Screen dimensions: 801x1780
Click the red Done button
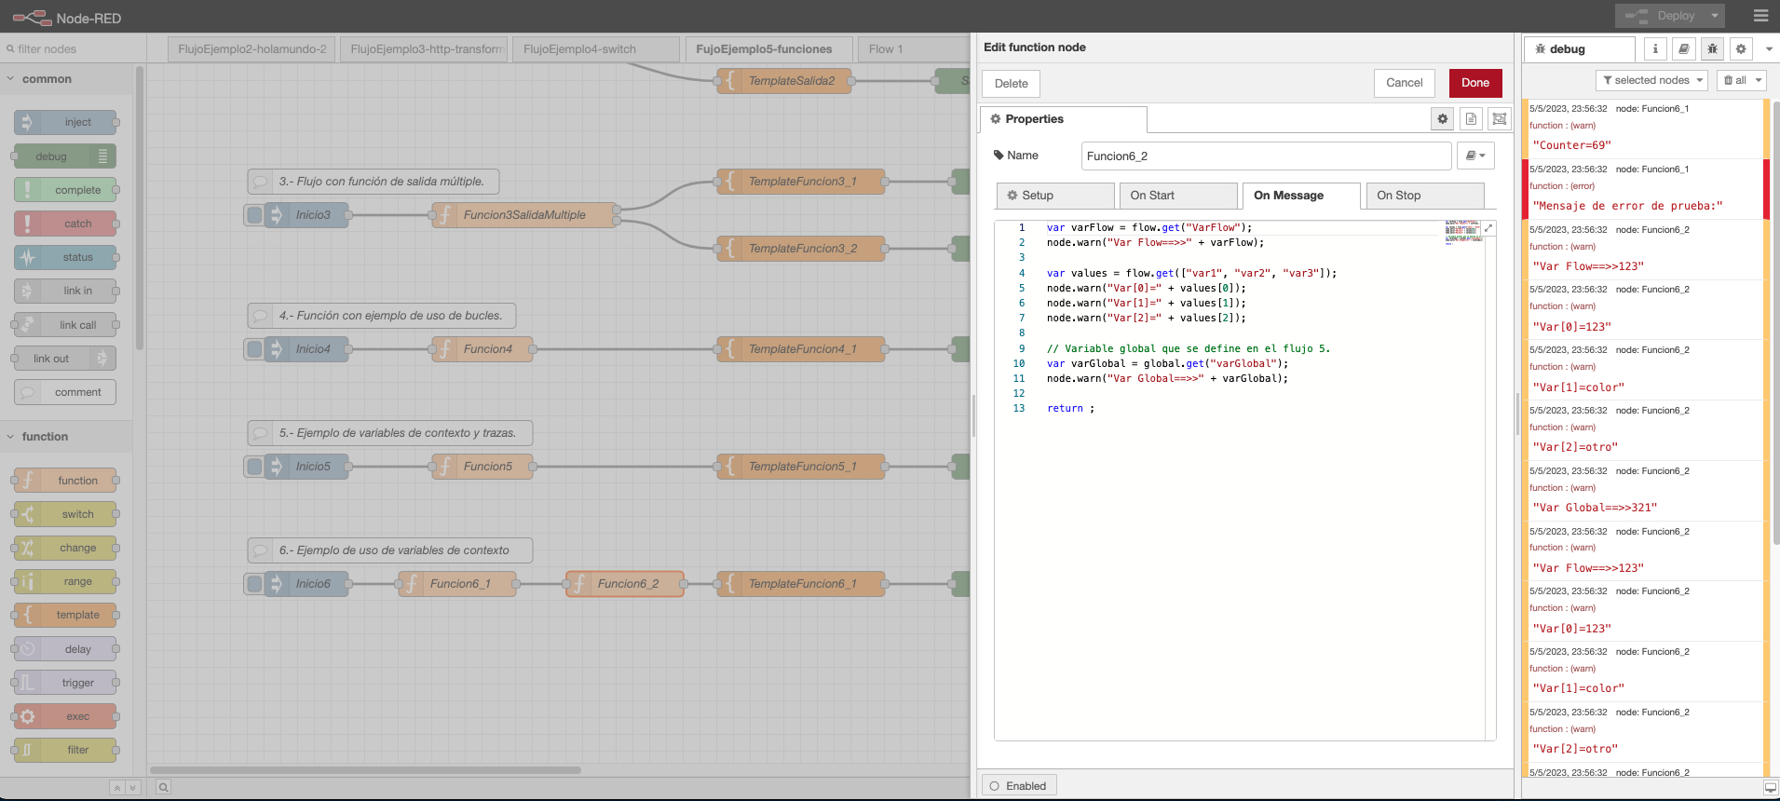(1474, 83)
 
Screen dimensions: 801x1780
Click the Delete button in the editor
(1011, 84)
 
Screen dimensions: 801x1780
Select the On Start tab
(1177, 196)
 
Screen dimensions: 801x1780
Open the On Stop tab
(1423, 196)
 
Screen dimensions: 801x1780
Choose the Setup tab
(1054, 196)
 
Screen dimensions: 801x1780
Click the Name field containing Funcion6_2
(1266, 156)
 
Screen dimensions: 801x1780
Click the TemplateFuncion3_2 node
(802, 249)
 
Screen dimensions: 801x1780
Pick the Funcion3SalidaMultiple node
(524, 215)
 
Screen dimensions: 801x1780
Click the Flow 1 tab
(885, 49)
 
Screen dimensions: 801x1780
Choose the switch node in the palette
(77, 514)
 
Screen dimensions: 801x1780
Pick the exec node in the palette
(77, 716)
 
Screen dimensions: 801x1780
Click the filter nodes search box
(70, 49)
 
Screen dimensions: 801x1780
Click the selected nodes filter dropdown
(1651, 80)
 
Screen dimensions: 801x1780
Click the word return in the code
(1065, 409)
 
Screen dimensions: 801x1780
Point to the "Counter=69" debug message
(1571, 145)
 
